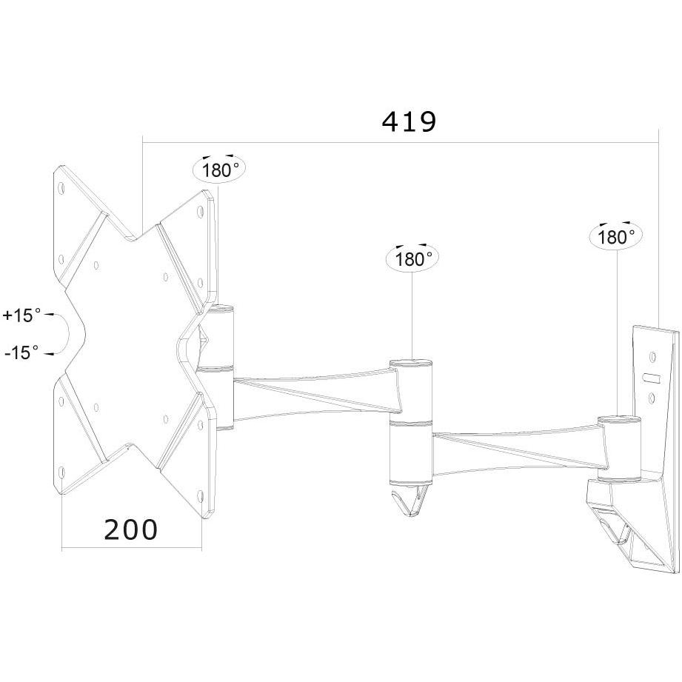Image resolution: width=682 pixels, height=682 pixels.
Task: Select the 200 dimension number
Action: [x=131, y=529]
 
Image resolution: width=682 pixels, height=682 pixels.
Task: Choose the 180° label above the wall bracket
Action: [x=616, y=237]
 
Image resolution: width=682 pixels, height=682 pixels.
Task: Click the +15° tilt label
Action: [x=22, y=315]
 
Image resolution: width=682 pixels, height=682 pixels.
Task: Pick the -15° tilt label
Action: [x=21, y=353]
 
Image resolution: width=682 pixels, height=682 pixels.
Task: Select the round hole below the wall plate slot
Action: [x=652, y=399]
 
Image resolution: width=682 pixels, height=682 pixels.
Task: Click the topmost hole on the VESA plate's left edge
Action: [x=62, y=189]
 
